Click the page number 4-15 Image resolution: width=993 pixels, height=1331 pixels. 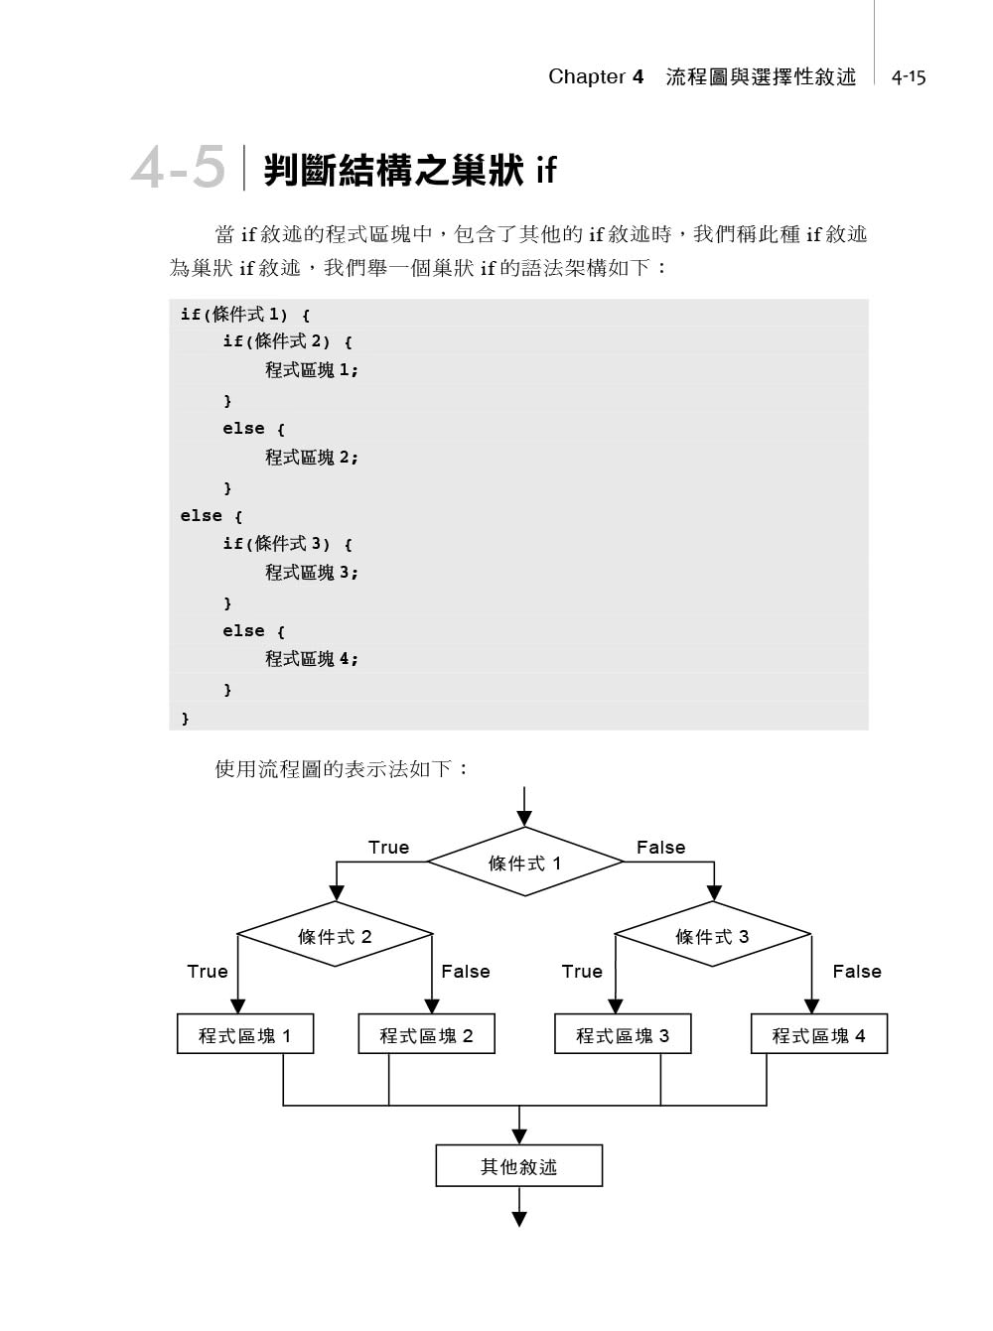tap(908, 77)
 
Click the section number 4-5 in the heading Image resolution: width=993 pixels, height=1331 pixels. tap(179, 167)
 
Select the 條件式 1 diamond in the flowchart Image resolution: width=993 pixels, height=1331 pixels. tap(524, 863)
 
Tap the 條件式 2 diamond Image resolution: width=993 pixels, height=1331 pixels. tap(335, 936)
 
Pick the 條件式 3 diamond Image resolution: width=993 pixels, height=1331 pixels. tap(713, 936)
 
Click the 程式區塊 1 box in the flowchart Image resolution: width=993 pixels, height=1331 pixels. tap(245, 1034)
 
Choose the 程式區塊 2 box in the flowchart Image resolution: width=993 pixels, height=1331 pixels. tap(426, 1034)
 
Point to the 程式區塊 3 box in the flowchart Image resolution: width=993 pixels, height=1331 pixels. tap(623, 1034)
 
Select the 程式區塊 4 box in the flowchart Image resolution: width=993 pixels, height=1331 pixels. tap(818, 1034)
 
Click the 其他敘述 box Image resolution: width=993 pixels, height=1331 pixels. tap(518, 1166)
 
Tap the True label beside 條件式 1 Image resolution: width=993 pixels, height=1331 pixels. tap(388, 847)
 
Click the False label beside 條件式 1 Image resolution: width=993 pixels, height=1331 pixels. tap(660, 847)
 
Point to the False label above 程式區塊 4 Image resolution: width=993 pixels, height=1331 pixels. tap(856, 971)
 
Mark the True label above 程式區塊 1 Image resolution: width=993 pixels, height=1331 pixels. tap(208, 971)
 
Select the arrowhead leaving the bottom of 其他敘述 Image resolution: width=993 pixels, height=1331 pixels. tap(518, 1219)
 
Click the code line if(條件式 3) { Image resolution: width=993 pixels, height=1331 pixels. tap(287, 544)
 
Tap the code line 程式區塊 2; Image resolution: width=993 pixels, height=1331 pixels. tap(311, 458)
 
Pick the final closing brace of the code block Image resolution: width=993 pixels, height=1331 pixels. tap(186, 718)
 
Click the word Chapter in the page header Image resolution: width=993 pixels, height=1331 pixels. tap(587, 76)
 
